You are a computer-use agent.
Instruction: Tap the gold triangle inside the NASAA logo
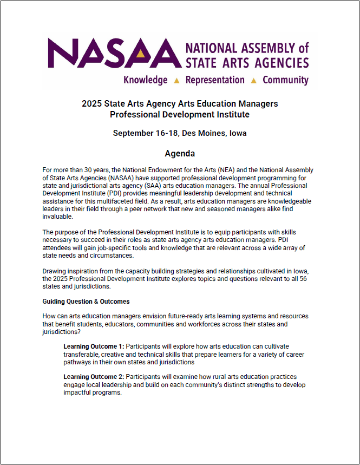(x=141, y=54)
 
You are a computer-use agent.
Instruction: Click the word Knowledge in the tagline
(x=146, y=80)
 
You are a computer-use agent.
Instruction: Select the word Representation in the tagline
(x=215, y=80)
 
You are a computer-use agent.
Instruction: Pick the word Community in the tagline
(x=285, y=80)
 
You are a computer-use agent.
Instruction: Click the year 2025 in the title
(x=92, y=103)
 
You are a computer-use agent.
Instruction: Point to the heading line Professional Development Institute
(x=180, y=114)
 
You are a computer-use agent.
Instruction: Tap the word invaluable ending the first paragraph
(x=58, y=216)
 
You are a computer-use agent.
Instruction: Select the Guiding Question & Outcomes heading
(x=86, y=301)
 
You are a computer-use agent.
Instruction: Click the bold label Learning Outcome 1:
(x=94, y=346)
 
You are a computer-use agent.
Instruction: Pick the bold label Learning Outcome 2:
(x=94, y=377)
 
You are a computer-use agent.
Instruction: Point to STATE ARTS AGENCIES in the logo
(x=247, y=63)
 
